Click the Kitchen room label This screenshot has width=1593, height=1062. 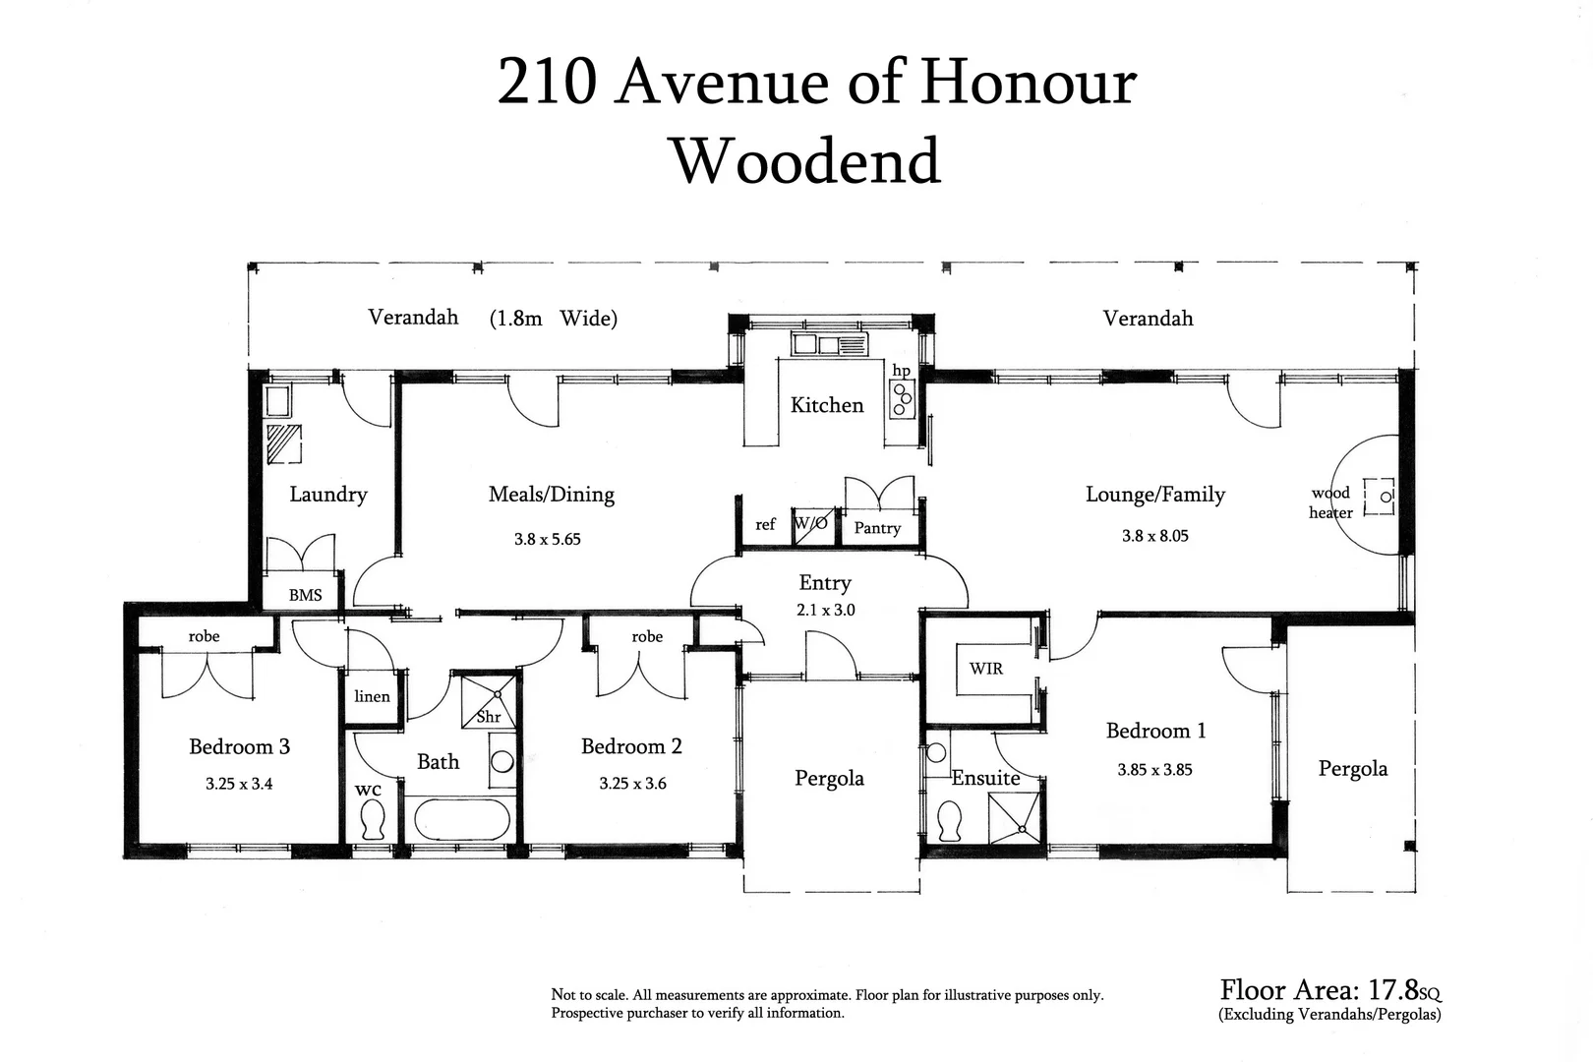(827, 405)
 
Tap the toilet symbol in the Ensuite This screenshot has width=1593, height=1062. (950, 820)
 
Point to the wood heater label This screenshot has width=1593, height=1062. (1330, 502)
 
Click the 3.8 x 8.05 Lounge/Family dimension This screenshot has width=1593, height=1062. (1154, 536)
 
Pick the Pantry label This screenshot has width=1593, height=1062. (877, 528)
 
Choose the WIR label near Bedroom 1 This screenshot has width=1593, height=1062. (985, 669)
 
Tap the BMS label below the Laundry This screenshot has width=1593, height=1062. (305, 595)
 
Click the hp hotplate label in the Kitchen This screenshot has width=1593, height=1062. (901, 371)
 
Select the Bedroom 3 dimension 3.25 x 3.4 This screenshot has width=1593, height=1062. (239, 784)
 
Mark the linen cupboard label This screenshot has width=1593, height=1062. (372, 696)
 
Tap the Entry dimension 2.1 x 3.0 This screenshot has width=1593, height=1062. (826, 610)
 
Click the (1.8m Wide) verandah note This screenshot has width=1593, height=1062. (553, 318)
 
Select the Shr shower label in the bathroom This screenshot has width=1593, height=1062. (489, 717)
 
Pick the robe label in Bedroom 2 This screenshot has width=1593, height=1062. (647, 636)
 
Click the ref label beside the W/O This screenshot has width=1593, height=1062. (765, 525)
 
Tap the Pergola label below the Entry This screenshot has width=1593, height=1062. (829, 779)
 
